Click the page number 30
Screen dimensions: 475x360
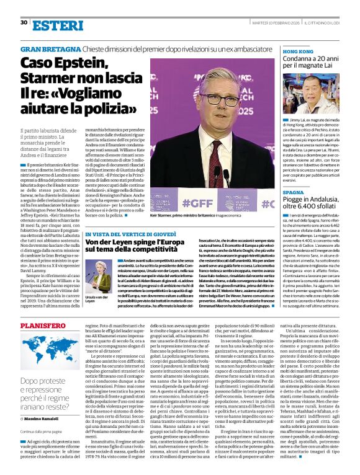tap(24, 22)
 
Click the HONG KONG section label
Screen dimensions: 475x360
tap(297, 52)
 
